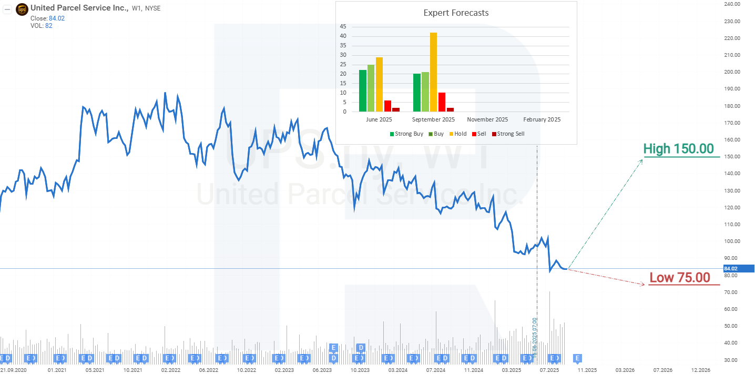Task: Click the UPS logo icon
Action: [22, 9]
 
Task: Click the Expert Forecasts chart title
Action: [456, 13]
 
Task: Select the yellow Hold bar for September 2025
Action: [433, 72]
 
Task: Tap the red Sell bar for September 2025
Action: [442, 102]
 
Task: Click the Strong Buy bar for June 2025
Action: [362, 90]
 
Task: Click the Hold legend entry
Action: [457, 134]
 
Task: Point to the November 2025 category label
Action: [487, 119]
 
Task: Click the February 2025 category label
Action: [542, 119]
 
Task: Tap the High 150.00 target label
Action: [678, 149]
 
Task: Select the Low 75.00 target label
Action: [679, 278]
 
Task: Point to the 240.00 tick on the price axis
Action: [732, 4]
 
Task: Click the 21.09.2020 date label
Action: [14, 370]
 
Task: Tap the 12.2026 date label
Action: [701, 370]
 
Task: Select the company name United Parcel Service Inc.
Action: [79, 8]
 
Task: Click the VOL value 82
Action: [48, 26]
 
